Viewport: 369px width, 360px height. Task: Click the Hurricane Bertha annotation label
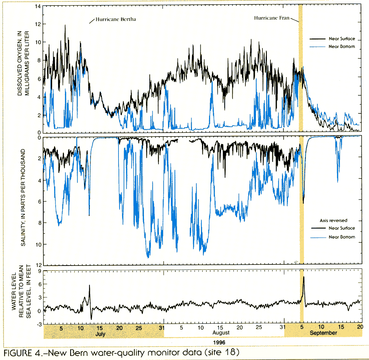click(x=116, y=19)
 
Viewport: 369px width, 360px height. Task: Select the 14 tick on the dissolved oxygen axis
click(x=37, y=6)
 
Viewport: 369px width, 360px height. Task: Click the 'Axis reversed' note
click(x=333, y=220)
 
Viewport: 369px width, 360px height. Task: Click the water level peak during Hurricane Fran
click(x=304, y=277)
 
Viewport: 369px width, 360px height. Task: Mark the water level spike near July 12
click(x=89, y=286)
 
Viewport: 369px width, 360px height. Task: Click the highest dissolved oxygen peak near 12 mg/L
click(x=65, y=25)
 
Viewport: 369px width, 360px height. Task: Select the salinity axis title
click(x=23, y=198)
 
